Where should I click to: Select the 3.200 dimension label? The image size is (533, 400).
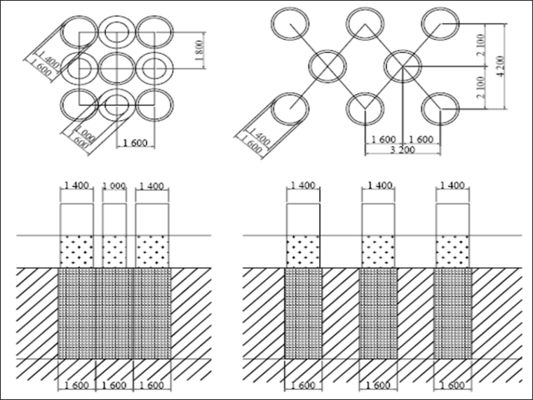402,150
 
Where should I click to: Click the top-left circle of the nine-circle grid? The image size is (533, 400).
78,32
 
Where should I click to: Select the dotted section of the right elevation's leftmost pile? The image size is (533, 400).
302,251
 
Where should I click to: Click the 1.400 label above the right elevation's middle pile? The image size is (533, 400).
377,186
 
